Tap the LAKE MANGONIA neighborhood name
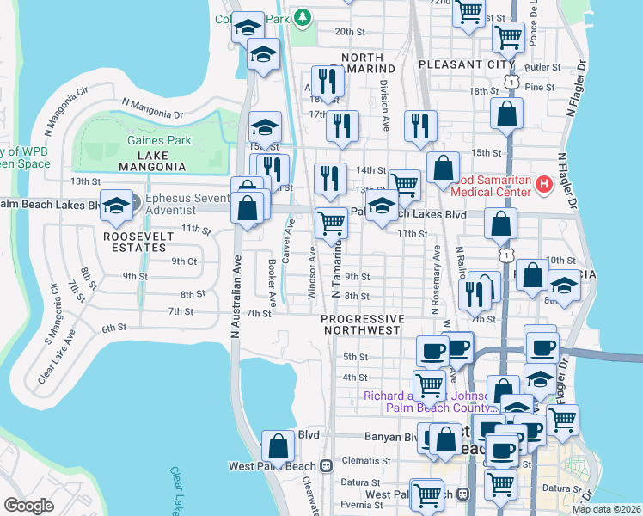(154, 161)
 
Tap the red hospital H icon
(543, 184)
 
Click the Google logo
(28, 506)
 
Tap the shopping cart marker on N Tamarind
(331, 224)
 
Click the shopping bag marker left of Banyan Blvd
(279, 446)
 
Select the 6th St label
(113, 329)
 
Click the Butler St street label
(542, 67)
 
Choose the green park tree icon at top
(302, 17)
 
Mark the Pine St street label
(539, 87)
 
